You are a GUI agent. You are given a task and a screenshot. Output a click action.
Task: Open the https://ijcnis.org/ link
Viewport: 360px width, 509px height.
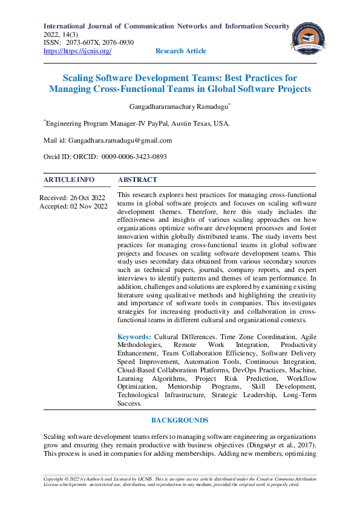pyautogui.click(x=77, y=51)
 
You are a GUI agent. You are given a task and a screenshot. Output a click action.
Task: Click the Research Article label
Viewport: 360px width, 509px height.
pyautogui.click(x=180, y=51)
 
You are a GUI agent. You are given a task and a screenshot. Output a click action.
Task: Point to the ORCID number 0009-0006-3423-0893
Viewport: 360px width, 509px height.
pyautogui.click(x=134, y=157)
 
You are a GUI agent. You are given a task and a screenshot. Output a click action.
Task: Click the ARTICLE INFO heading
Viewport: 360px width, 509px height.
pyautogui.click(x=69, y=180)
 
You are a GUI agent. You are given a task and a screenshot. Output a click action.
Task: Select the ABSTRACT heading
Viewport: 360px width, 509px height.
pyautogui.click(x=137, y=180)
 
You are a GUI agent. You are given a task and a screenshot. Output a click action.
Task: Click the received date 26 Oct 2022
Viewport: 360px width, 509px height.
pyautogui.click(x=88, y=198)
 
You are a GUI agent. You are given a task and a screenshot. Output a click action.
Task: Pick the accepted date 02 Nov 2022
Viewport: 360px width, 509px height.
pyautogui.click(x=90, y=206)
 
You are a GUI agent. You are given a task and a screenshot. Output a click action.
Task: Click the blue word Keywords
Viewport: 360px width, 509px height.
pyautogui.click(x=134, y=336)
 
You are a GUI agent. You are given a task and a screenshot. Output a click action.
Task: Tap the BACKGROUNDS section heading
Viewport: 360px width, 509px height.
pyautogui.click(x=180, y=420)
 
